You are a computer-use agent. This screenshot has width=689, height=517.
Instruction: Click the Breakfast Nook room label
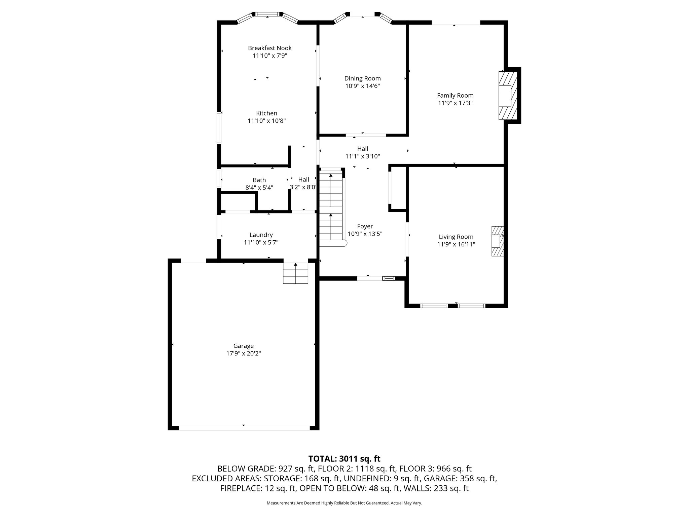269,48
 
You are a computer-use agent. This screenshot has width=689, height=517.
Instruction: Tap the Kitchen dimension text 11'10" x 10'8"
266,121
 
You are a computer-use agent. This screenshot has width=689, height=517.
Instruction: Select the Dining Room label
362,78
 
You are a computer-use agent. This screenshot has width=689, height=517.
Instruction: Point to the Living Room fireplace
498,241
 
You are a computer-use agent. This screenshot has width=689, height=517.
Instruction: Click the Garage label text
243,346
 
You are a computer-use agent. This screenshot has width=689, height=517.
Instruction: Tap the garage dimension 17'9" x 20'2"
243,353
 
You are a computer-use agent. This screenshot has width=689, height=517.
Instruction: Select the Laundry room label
261,235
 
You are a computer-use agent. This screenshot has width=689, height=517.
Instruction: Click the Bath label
259,180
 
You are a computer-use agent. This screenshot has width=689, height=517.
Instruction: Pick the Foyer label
365,226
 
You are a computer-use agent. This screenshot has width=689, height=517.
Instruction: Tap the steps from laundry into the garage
295,273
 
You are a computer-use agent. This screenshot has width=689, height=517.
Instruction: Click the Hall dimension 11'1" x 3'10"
362,157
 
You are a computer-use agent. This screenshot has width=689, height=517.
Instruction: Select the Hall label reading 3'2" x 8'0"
303,187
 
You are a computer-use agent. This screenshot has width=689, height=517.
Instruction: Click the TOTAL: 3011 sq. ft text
344,459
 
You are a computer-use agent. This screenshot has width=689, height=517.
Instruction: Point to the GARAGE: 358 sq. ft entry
460,478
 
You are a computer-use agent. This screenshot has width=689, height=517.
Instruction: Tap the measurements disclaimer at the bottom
344,503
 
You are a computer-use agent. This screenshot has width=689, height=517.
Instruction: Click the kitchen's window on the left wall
219,128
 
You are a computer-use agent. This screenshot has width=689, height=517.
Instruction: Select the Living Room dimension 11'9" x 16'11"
456,245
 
